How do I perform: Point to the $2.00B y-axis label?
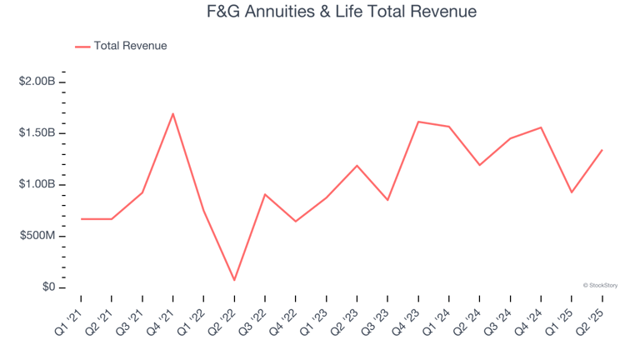(37, 82)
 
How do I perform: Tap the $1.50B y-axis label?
(37, 133)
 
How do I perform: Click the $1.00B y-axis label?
(37, 184)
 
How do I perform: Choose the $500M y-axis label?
(38, 236)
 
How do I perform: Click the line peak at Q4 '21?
(172, 113)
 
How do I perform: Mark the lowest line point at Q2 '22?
(234, 280)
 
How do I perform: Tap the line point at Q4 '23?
(418, 122)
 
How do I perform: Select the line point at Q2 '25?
(602, 150)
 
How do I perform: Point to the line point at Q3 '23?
(387, 200)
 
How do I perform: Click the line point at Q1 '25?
(572, 192)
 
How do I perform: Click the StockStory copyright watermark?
(600, 285)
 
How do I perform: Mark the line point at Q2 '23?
(357, 165)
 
